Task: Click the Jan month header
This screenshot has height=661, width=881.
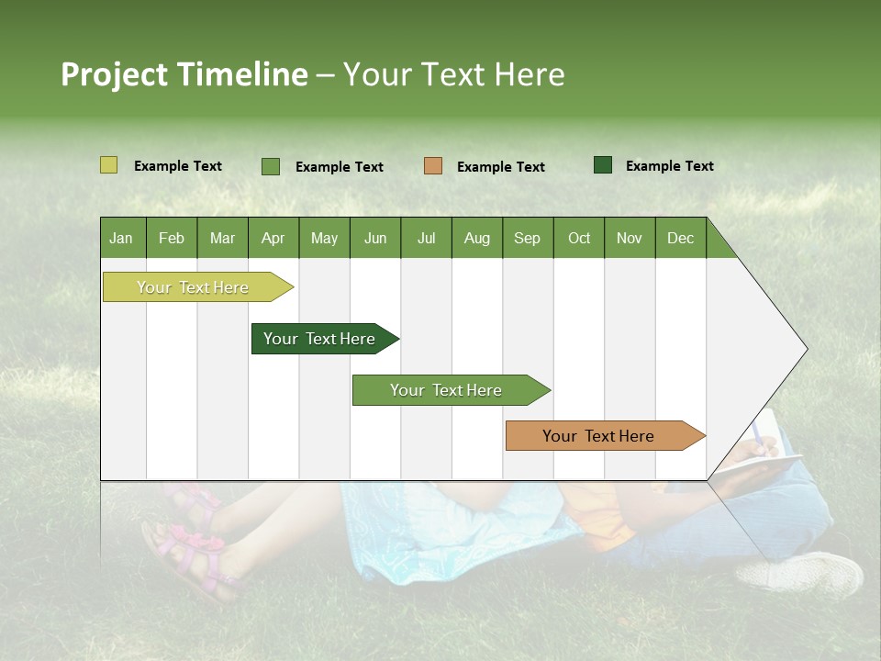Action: [x=122, y=238]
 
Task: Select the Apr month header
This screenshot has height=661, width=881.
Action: [x=273, y=238]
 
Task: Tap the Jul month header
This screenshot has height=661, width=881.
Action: [x=426, y=238]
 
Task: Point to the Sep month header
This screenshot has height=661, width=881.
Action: [x=528, y=238]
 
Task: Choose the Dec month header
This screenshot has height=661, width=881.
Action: [x=680, y=238]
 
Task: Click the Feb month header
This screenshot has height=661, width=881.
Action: [x=172, y=238]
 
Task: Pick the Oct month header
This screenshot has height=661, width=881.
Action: [x=579, y=238]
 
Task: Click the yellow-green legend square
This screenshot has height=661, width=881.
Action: [x=109, y=165]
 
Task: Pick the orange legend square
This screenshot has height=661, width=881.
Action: [x=433, y=166]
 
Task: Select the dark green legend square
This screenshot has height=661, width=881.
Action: [x=603, y=165]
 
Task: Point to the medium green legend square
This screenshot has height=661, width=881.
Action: [x=271, y=166]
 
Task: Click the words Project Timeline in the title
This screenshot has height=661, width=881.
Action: [x=184, y=74]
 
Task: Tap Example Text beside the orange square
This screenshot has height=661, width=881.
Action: [x=500, y=167]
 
